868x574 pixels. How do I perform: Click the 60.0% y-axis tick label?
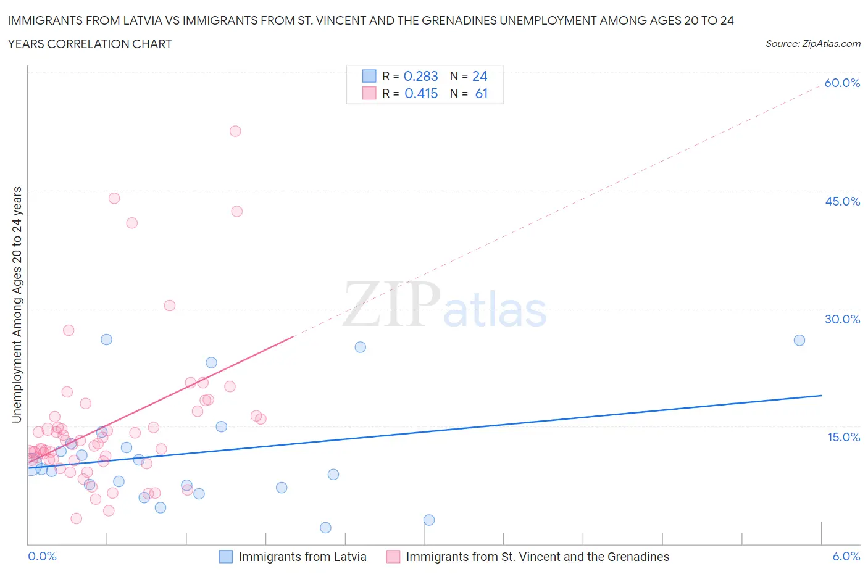[x=842, y=83]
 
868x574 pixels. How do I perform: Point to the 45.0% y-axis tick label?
[x=842, y=201]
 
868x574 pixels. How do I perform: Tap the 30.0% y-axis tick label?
[x=842, y=319]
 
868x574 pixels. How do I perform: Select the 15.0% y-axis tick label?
[x=842, y=437]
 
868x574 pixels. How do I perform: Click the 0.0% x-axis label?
[x=42, y=556]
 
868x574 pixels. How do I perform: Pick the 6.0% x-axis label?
[x=846, y=556]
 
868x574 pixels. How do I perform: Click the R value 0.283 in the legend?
[x=420, y=76]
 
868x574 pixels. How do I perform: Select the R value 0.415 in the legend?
[x=421, y=93]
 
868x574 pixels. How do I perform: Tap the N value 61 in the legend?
[x=482, y=93]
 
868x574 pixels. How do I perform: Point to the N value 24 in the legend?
[x=480, y=76]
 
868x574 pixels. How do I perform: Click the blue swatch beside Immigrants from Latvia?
[x=226, y=557]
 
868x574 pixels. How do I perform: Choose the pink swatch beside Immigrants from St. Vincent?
[x=393, y=557]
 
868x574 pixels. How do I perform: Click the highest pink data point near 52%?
[x=235, y=131]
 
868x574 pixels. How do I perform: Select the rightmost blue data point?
[x=799, y=340]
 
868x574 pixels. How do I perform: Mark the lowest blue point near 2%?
[x=325, y=528]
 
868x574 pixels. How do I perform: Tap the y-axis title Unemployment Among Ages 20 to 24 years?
[x=17, y=304]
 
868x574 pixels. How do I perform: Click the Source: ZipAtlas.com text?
[x=812, y=43]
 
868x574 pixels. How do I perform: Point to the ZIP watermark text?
[x=391, y=304]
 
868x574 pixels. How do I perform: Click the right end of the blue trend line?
[x=821, y=395]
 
